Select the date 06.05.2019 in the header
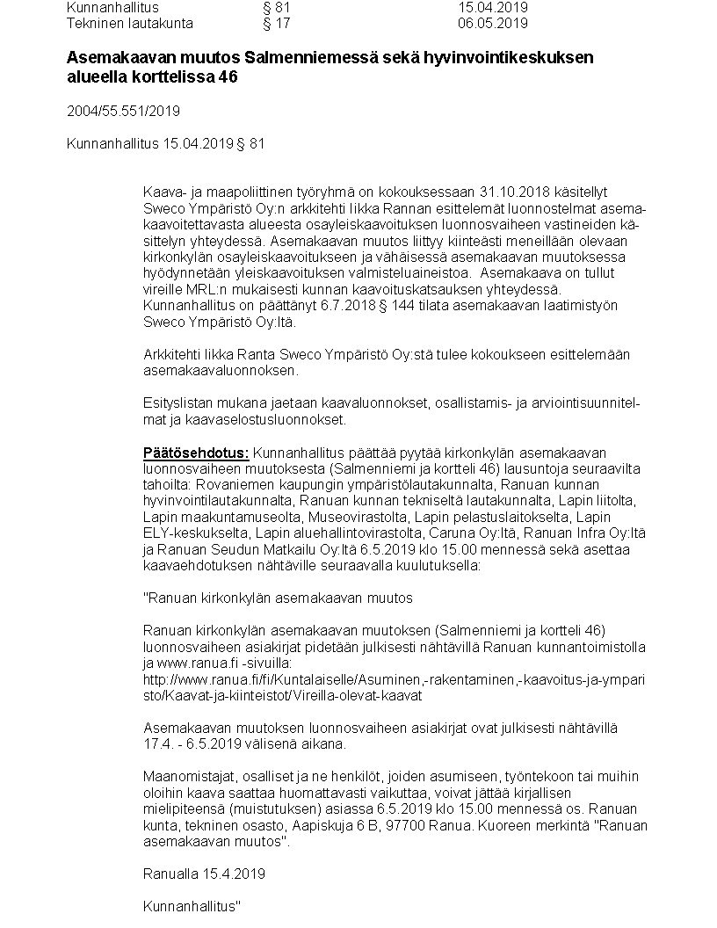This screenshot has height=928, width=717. click(493, 24)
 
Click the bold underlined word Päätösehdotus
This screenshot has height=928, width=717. click(196, 452)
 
